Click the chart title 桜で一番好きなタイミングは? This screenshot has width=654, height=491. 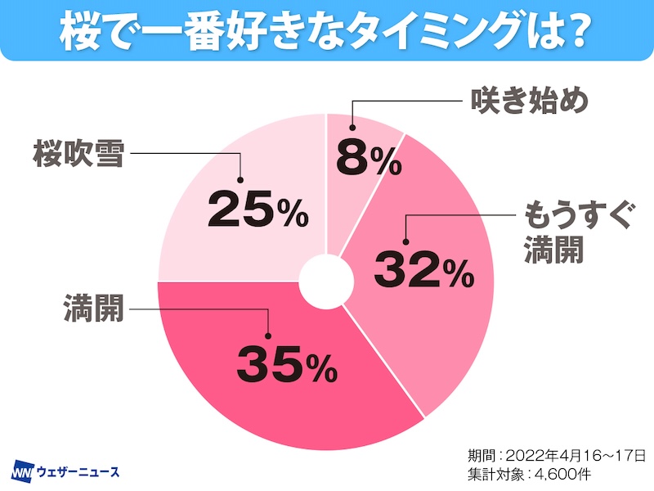coord(326,31)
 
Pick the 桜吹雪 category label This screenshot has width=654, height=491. coord(78,153)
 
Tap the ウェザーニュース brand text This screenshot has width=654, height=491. coord(77,472)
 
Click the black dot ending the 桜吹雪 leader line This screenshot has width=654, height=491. coord(242,181)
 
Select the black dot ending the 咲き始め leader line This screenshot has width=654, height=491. coord(352,127)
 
